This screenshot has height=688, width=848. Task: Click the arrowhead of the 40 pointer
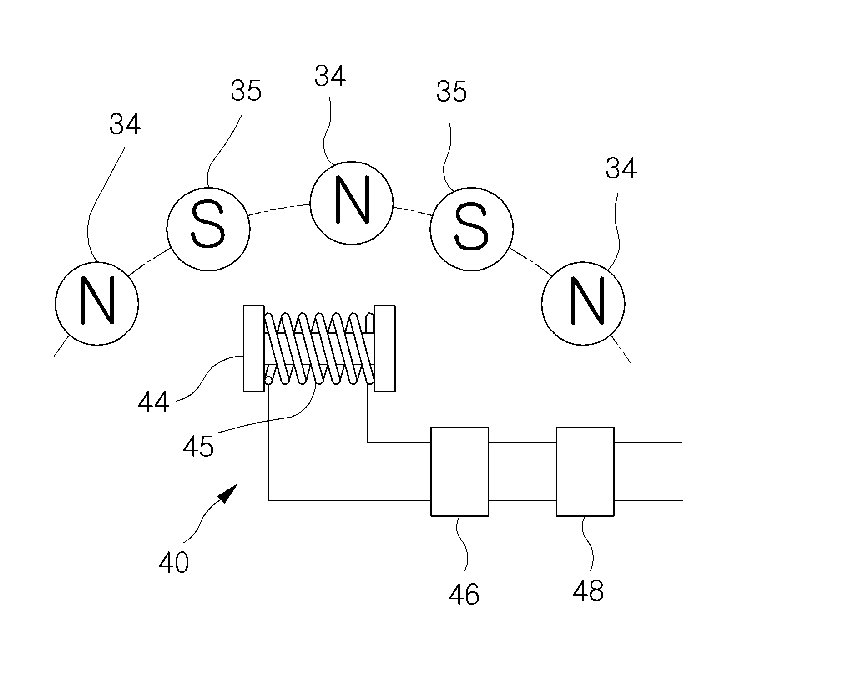[229, 493]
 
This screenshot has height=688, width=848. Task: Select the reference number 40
[174, 562]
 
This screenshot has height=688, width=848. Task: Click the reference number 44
[154, 403]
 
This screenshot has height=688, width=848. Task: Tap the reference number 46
[464, 594]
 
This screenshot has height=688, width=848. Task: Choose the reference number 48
[589, 591]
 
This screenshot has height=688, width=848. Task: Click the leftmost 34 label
[125, 124]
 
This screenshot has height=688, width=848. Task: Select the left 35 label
[246, 91]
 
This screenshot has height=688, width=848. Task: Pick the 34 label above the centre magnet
[330, 76]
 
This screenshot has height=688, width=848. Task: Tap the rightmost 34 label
[621, 168]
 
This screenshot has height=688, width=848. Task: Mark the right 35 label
[452, 91]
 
